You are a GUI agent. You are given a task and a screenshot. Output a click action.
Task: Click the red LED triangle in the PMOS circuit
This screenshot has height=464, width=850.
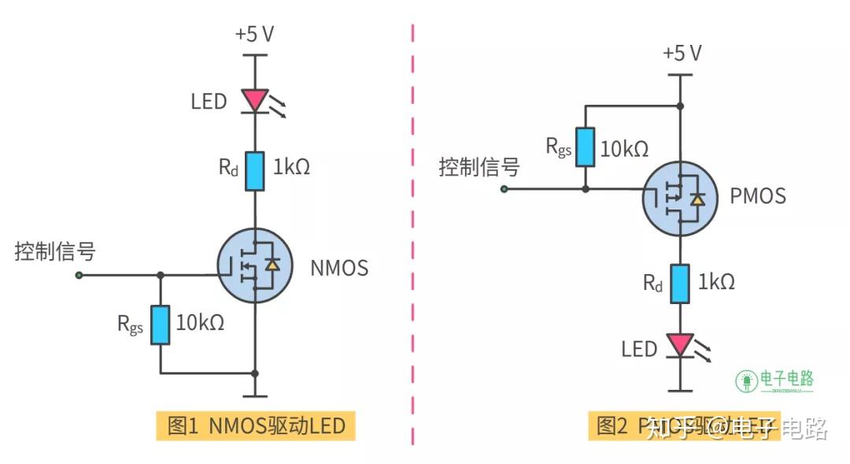(x=679, y=344)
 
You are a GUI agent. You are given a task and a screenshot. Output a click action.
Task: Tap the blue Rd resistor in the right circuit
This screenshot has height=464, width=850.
(x=679, y=284)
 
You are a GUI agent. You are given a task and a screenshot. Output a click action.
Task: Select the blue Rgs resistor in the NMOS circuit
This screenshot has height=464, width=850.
(x=160, y=325)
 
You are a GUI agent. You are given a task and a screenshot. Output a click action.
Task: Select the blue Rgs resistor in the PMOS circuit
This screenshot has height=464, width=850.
(x=585, y=147)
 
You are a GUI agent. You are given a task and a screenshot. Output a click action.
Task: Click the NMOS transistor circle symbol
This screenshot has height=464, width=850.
(x=254, y=266)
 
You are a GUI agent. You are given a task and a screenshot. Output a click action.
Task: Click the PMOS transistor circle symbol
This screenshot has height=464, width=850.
(x=679, y=199)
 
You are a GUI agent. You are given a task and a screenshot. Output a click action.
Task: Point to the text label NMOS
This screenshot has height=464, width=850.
(x=339, y=268)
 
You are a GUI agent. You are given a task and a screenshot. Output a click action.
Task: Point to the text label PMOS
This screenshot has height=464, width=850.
(x=757, y=195)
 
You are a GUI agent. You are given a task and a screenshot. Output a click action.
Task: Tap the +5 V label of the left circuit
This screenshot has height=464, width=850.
(x=254, y=35)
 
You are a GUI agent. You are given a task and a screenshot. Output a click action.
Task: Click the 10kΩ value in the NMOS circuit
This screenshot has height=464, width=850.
(x=200, y=322)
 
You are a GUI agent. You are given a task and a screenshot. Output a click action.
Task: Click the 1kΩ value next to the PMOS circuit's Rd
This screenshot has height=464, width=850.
(x=717, y=282)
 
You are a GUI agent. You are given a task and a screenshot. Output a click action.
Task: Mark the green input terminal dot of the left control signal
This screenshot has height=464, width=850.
(x=79, y=275)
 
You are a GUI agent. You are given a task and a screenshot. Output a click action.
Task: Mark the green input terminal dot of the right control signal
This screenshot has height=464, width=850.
(x=504, y=189)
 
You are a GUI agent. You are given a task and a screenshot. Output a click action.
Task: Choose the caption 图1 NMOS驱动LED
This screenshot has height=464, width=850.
(x=256, y=426)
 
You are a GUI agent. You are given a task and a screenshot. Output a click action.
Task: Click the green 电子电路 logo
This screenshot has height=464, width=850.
(x=775, y=380)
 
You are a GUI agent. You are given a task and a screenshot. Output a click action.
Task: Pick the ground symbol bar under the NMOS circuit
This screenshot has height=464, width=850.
(x=254, y=396)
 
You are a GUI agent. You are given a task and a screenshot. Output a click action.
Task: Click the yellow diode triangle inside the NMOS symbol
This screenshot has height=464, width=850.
(x=272, y=265)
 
